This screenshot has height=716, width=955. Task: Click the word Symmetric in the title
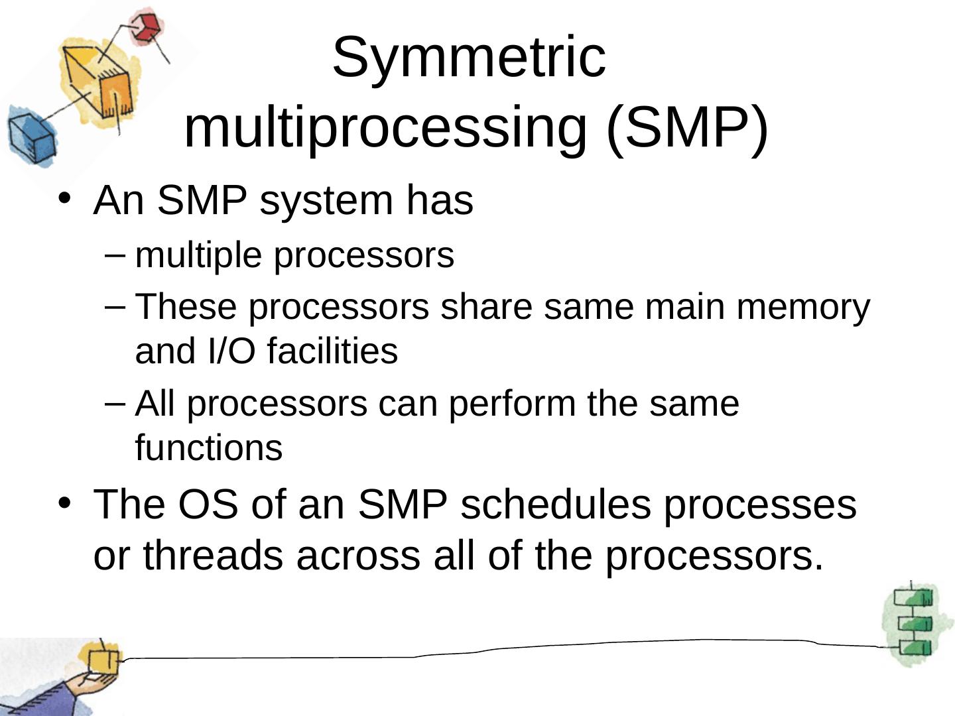point(469,57)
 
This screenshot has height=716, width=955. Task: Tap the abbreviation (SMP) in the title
point(687,127)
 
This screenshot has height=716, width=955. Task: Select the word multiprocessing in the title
point(385,127)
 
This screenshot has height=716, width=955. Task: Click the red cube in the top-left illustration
point(144,27)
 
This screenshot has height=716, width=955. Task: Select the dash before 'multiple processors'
point(115,254)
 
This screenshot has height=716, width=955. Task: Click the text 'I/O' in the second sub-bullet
point(231,351)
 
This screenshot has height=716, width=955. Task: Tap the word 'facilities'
point(332,351)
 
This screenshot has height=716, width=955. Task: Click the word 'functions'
point(209,447)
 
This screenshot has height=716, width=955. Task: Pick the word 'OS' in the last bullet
point(207,504)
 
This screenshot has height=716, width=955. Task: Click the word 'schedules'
point(555,504)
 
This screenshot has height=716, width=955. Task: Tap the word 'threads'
point(213,555)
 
